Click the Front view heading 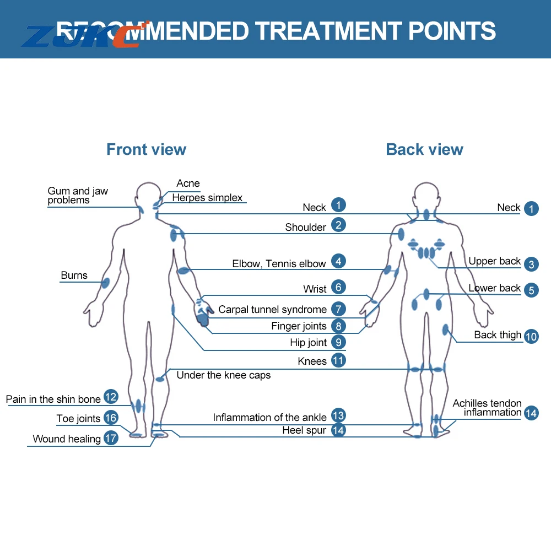click(146, 149)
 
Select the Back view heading click(424, 149)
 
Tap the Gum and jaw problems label click(78, 196)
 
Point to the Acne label click(188, 183)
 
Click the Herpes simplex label click(207, 198)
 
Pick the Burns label click(74, 275)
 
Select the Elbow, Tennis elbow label click(279, 264)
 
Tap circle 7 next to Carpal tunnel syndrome click(338, 309)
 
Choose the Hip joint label click(309, 343)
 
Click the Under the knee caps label click(224, 375)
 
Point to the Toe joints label click(78, 419)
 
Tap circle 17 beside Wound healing click(111, 438)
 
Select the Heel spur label click(304, 430)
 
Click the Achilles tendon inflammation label click(487, 408)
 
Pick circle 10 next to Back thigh click(531, 337)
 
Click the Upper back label click(494, 261)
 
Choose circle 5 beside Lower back click(531, 290)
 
